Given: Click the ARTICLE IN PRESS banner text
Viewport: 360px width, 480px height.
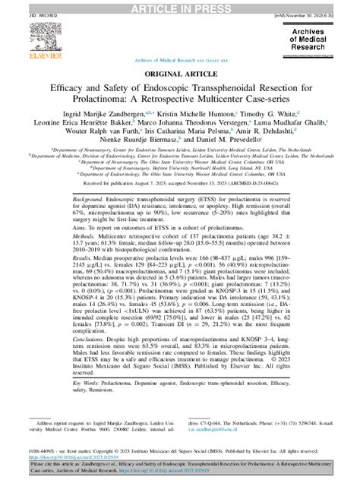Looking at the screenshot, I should pyautogui.click(x=180, y=7).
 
